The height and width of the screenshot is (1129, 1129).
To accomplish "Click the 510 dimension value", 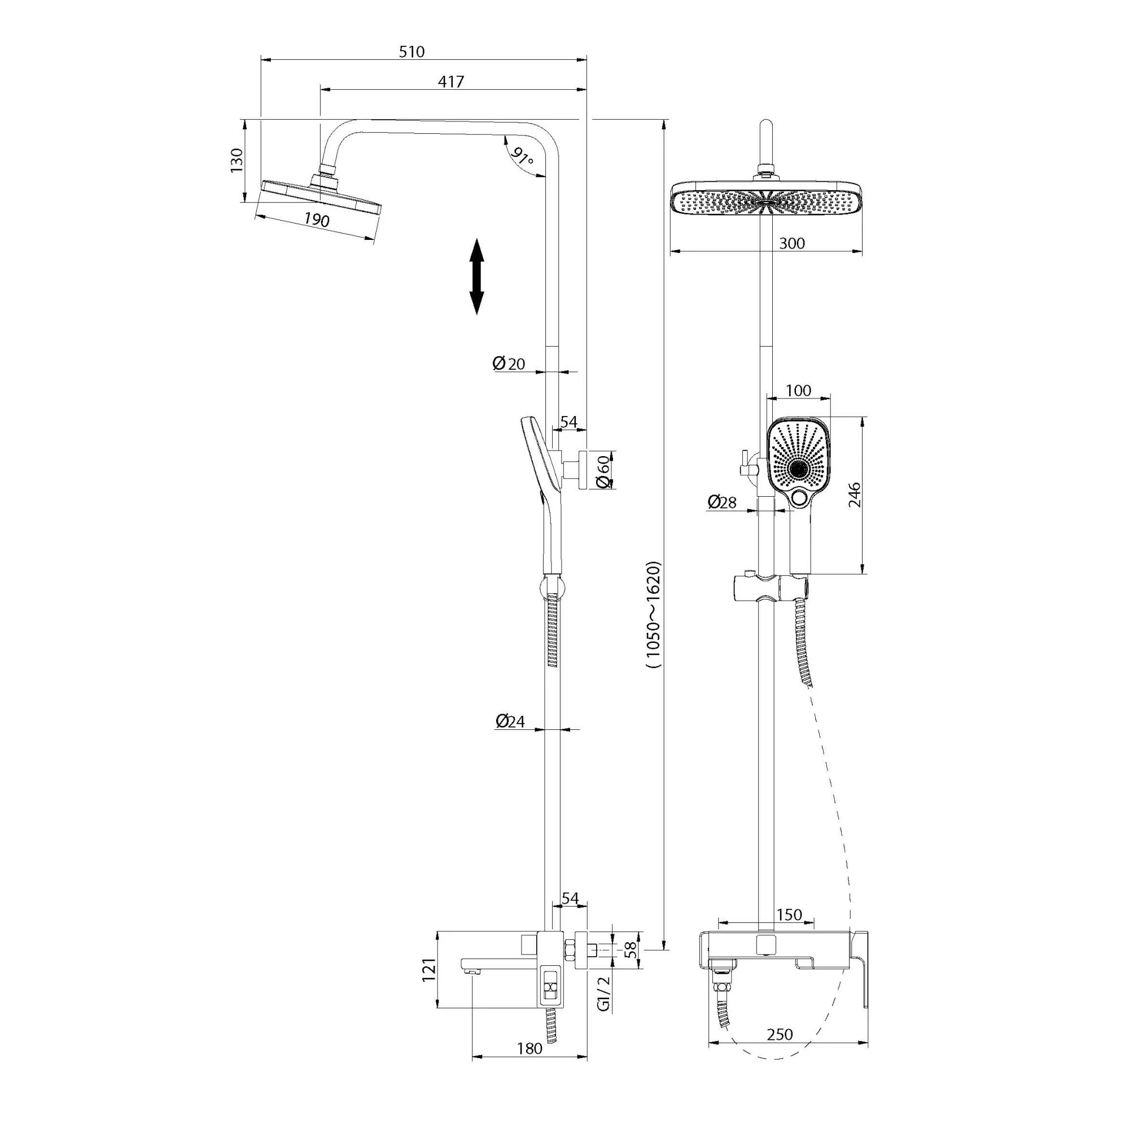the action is point(412,51).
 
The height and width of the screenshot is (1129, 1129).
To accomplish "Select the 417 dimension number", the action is point(451,82).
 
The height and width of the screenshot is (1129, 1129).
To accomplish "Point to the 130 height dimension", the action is point(236,160).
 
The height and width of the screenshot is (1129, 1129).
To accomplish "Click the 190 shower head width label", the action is point(317,220).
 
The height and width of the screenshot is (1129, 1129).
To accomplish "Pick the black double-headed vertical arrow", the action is point(477,277).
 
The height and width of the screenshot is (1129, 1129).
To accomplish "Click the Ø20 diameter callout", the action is point(509,364).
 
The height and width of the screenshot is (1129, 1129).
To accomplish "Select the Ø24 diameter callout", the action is point(510,721).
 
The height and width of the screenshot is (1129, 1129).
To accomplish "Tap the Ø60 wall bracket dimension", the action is point(604,471).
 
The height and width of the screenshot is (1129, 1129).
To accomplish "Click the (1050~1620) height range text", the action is point(653,614).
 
